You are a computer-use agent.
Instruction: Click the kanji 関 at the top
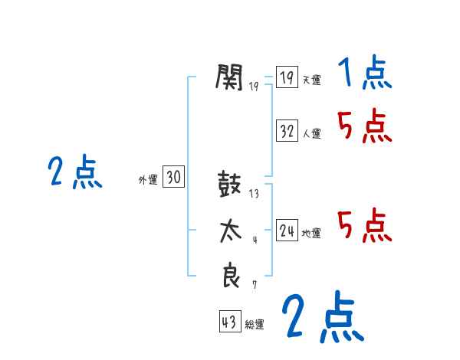(230, 77)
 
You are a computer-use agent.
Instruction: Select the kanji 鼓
(230, 186)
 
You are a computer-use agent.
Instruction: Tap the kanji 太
(230, 231)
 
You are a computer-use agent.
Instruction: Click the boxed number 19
(287, 78)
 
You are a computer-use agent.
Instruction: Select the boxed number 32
(287, 132)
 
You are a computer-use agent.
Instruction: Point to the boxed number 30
(174, 178)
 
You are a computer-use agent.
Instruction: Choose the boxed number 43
(229, 322)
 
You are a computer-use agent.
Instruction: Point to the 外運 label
(147, 180)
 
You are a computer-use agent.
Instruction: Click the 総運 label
(255, 325)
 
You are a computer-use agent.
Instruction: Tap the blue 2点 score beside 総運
(322, 317)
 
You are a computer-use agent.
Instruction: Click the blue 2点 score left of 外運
(74, 172)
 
